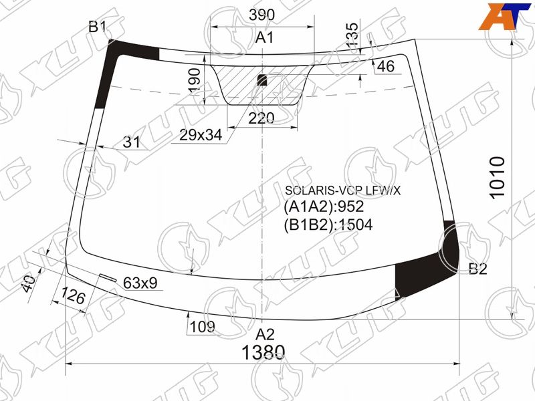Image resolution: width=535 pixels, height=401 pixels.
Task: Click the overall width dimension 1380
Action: (263, 352)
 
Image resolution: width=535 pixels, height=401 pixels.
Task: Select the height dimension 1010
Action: (497, 176)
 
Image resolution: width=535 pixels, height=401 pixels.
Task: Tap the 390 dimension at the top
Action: (261, 15)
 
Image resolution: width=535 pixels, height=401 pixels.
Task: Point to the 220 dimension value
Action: (261, 118)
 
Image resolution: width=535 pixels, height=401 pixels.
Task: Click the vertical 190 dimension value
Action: (195, 80)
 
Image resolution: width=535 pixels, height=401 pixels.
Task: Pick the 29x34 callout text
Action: (201, 136)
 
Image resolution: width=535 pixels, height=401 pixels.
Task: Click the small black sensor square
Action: (261, 80)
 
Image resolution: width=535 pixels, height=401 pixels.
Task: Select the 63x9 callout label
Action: (140, 283)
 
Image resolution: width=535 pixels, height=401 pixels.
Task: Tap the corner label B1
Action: (98, 26)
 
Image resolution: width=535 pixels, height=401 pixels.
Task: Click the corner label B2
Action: (477, 269)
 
